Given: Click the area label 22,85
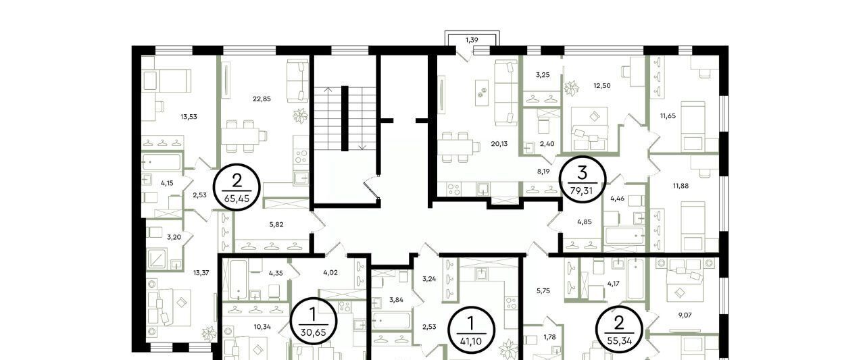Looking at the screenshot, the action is pyautogui.click(x=262, y=99).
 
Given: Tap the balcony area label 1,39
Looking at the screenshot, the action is pyautogui.click(x=472, y=40).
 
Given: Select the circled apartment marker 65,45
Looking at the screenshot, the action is pyautogui.click(x=237, y=187).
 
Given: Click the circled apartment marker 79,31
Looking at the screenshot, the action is pyautogui.click(x=583, y=179).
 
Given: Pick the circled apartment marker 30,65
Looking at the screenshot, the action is pyautogui.click(x=313, y=321).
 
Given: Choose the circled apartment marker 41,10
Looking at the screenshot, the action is pyautogui.click(x=471, y=330).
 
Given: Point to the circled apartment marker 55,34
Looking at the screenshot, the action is pyautogui.click(x=619, y=329).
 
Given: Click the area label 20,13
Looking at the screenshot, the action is pyautogui.click(x=499, y=144).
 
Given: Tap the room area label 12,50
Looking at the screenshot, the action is pyautogui.click(x=602, y=86).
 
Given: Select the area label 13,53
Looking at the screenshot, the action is pyautogui.click(x=189, y=117).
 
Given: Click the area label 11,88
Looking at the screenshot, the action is pyautogui.click(x=681, y=186).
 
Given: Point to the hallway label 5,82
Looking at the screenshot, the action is pyautogui.click(x=276, y=224).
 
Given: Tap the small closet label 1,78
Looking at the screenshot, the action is pyautogui.click(x=549, y=337).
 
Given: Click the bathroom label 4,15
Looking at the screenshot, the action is pyautogui.click(x=167, y=183).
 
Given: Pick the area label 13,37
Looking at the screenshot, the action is pyautogui.click(x=201, y=273).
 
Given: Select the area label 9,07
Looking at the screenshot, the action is pyautogui.click(x=685, y=315).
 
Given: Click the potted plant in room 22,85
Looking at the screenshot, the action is pyautogui.click(x=300, y=115).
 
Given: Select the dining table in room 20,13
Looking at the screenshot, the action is pyautogui.click(x=455, y=147).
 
